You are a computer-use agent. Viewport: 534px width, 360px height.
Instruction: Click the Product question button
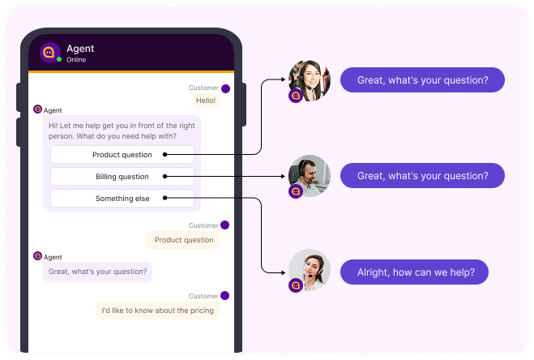coord(122,155)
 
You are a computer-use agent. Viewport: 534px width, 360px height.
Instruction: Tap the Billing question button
coord(122,176)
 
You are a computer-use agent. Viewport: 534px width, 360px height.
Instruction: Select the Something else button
coord(122,198)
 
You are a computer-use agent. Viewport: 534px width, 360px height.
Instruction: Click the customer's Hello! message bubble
coord(206,101)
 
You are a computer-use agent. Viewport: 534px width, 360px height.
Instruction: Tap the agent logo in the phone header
coord(50,53)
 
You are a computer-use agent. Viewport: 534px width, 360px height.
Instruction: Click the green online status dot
coord(59,59)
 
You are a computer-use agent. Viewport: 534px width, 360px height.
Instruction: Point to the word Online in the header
coord(76,59)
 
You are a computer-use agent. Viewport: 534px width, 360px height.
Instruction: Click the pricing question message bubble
coord(157,310)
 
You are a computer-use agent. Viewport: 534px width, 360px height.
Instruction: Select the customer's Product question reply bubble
coord(184,240)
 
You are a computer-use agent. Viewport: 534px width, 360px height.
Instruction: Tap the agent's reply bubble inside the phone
coord(97,271)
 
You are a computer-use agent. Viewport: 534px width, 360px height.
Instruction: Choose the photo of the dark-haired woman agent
coord(310,80)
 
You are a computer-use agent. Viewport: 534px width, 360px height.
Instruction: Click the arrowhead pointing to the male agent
coord(284,176)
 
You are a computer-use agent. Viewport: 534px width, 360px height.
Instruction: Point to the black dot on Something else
coord(165,198)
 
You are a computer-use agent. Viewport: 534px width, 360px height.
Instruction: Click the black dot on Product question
coord(165,155)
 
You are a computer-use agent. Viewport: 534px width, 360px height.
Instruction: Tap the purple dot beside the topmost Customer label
coord(225,88)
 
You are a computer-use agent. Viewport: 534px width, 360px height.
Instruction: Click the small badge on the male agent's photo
coord(296,191)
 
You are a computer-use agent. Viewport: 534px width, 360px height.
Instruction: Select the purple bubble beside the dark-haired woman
coord(422,80)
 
